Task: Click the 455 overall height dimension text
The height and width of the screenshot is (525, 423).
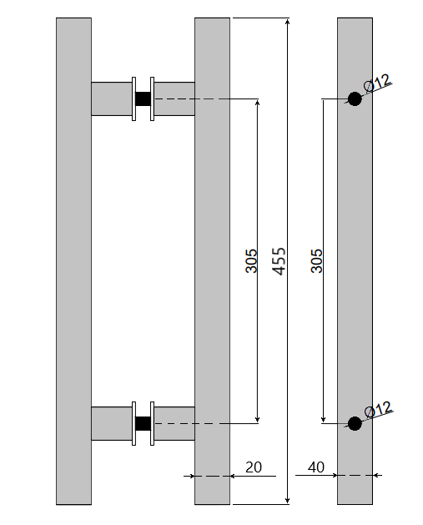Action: (x=279, y=260)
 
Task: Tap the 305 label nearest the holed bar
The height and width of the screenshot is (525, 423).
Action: (x=316, y=260)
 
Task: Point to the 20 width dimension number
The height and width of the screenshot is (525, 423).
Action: (x=254, y=467)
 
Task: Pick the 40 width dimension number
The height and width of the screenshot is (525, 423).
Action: (x=315, y=467)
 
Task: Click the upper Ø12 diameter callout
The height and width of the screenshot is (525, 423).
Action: (x=378, y=82)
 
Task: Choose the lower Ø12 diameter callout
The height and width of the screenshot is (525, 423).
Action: (x=378, y=408)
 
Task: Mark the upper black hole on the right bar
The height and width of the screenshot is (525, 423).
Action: (x=355, y=99)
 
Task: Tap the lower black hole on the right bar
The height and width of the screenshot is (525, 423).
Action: (x=355, y=423)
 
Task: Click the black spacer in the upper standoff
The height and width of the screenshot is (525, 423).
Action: (x=143, y=98)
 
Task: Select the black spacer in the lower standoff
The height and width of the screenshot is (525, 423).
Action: (x=143, y=423)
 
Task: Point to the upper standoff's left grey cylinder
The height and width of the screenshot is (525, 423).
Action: (x=110, y=98)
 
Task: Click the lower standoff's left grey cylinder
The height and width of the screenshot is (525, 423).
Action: (x=110, y=423)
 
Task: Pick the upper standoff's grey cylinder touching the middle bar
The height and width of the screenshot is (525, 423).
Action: (x=174, y=98)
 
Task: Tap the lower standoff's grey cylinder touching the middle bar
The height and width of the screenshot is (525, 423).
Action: (x=174, y=423)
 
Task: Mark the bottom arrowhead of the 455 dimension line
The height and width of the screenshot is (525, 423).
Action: (x=288, y=500)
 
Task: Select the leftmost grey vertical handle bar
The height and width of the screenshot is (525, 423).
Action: (x=73, y=260)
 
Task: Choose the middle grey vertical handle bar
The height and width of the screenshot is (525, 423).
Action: (x=212, y=260)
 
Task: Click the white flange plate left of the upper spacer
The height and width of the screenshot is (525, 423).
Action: (x=133, y=98)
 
